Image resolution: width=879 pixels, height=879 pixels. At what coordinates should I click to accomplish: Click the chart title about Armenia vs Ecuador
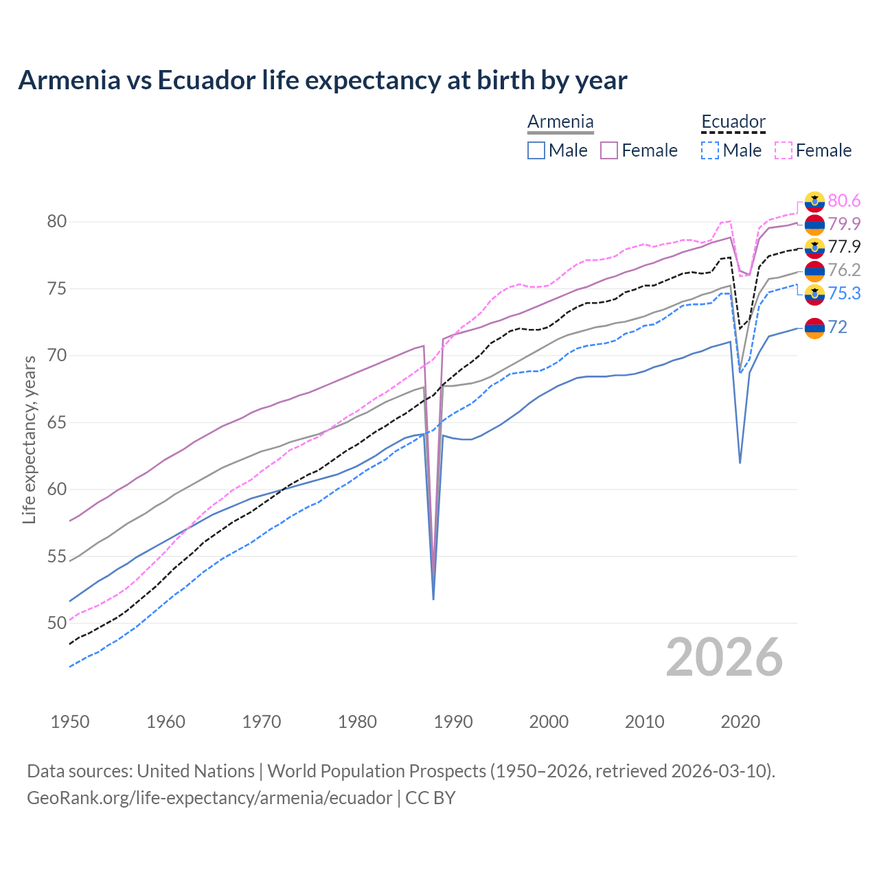(x=322, y=80)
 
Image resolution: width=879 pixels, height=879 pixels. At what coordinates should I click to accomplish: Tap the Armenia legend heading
(x=560, y=122)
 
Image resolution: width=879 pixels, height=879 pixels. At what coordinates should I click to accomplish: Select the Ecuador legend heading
(x=733, y=122)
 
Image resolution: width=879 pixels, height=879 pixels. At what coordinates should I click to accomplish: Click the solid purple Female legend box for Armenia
(x=609, y=150)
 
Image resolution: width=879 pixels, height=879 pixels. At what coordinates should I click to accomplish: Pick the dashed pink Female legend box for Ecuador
(x=784, y=150)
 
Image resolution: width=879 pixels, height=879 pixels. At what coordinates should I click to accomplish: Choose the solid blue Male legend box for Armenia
(x=536, y=150)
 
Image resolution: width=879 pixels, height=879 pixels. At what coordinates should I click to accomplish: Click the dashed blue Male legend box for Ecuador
(x=710, y=150)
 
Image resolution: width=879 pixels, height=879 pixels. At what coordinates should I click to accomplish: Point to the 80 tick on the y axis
(x=56, y=221)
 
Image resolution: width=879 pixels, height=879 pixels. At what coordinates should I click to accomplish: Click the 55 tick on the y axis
(x=56, y=556)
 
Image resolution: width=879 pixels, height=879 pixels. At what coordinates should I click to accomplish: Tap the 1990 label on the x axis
(x=453, y=722)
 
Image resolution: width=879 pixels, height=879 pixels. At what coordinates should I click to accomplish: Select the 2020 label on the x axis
(x=740, y=722)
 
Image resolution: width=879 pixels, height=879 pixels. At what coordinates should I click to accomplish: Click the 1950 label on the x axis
(x=70, y=722)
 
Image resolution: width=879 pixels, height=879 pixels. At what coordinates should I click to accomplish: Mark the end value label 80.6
(x=844, y=201)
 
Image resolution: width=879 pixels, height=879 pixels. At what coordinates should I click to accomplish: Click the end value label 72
(x=837, y=327)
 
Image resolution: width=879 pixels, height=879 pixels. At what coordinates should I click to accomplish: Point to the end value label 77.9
(x=844, y=247)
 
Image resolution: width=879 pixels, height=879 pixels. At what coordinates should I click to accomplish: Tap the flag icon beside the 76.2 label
(x=814, y=271)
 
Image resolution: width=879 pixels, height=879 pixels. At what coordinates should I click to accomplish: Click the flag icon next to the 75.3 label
(x=814, y=295)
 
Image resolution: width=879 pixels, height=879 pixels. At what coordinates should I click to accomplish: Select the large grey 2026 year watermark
(x=724, y=657)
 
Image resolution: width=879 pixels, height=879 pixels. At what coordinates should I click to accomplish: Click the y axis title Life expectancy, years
(x=29, y=439)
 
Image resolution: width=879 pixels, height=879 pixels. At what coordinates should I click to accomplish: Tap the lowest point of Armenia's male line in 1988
(x=433, y=599)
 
